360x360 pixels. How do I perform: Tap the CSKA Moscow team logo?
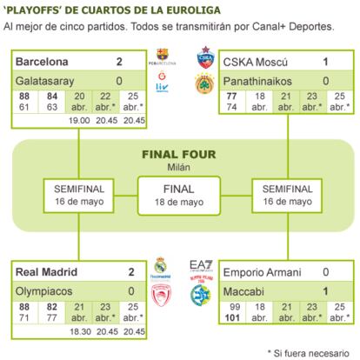(205, 57)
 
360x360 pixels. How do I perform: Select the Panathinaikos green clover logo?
(204, 84)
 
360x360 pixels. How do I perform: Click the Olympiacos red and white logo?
(162, 295)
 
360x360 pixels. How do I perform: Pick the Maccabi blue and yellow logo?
(201, 296)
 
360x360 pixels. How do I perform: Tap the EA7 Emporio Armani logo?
(201, 265)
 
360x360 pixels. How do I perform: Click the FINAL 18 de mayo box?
(179, 196)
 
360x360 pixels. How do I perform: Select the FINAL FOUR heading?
(179, 155)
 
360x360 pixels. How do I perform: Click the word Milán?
(179, 167)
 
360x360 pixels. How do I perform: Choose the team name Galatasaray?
(45, 81)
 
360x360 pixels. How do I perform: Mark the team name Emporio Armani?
(263, 272)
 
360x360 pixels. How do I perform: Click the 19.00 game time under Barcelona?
(79, 120)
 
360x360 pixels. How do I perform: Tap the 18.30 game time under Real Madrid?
(80, 331)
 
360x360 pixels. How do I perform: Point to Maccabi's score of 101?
(232, 317)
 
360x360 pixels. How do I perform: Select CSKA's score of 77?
(232, 96)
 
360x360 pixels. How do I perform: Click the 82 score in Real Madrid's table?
(52, 307)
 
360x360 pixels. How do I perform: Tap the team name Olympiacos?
(43, 291)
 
